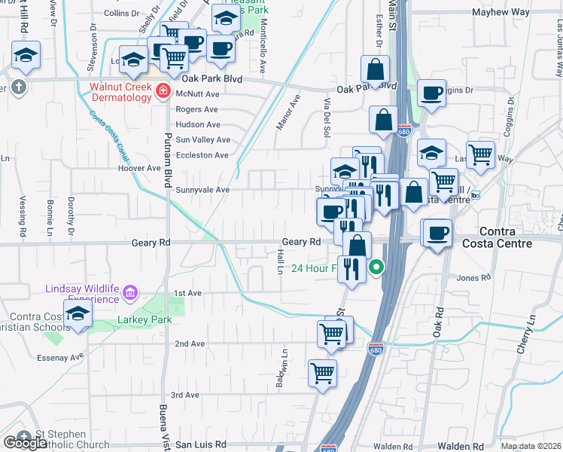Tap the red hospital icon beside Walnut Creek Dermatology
pyautogui.click(x=163, y=92)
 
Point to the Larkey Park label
pyautogui.click(x=145, y=319)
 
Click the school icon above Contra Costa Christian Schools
pyautogui.click(x=78, y=315)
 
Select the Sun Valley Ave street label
pyautogui.click(x=202, y=140)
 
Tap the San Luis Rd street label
pyautogui.click(x=200, y=444)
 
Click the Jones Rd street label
pyautogui.click(x=473, y=278)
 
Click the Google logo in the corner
pyautogui.click(x=25, y=443)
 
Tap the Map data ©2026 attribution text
pyautogui.click(x=531, y=446)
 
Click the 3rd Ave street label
pyautogui.click(x=185, y=395)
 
